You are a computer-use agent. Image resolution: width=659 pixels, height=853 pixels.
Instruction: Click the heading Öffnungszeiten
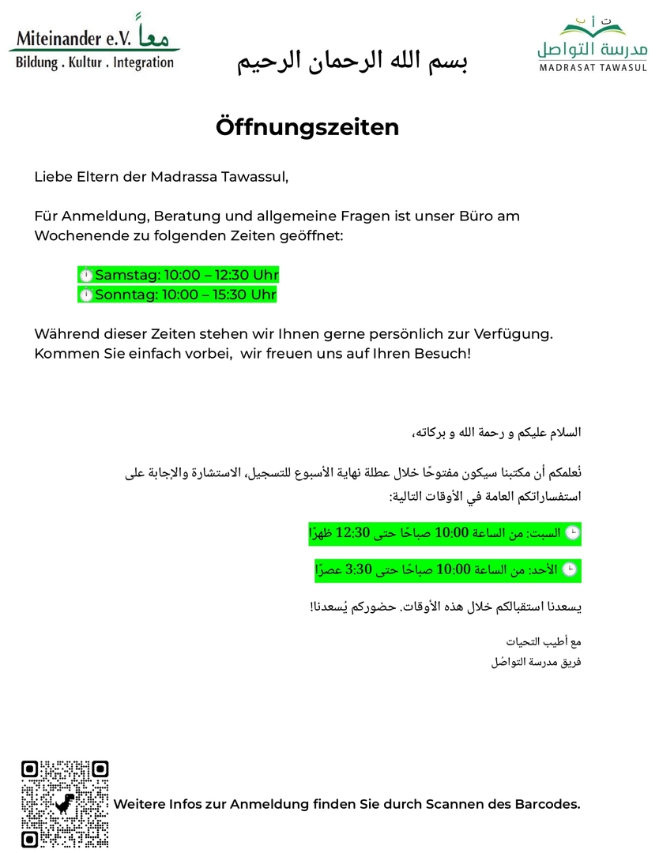307,127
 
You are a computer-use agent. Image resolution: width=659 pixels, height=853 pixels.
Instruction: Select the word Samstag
126,275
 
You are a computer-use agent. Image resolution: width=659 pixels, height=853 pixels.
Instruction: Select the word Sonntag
126,295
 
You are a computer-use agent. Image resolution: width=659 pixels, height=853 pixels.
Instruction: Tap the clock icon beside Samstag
86,275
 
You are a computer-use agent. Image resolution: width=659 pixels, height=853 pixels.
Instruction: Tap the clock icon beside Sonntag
86,295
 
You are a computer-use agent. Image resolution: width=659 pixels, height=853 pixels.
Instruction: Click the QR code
65,804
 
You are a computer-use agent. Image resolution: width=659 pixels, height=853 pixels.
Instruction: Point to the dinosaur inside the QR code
65,805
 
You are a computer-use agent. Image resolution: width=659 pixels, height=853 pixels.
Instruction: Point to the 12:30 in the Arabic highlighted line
353,533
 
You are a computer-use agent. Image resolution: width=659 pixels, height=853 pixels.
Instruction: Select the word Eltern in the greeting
97,176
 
